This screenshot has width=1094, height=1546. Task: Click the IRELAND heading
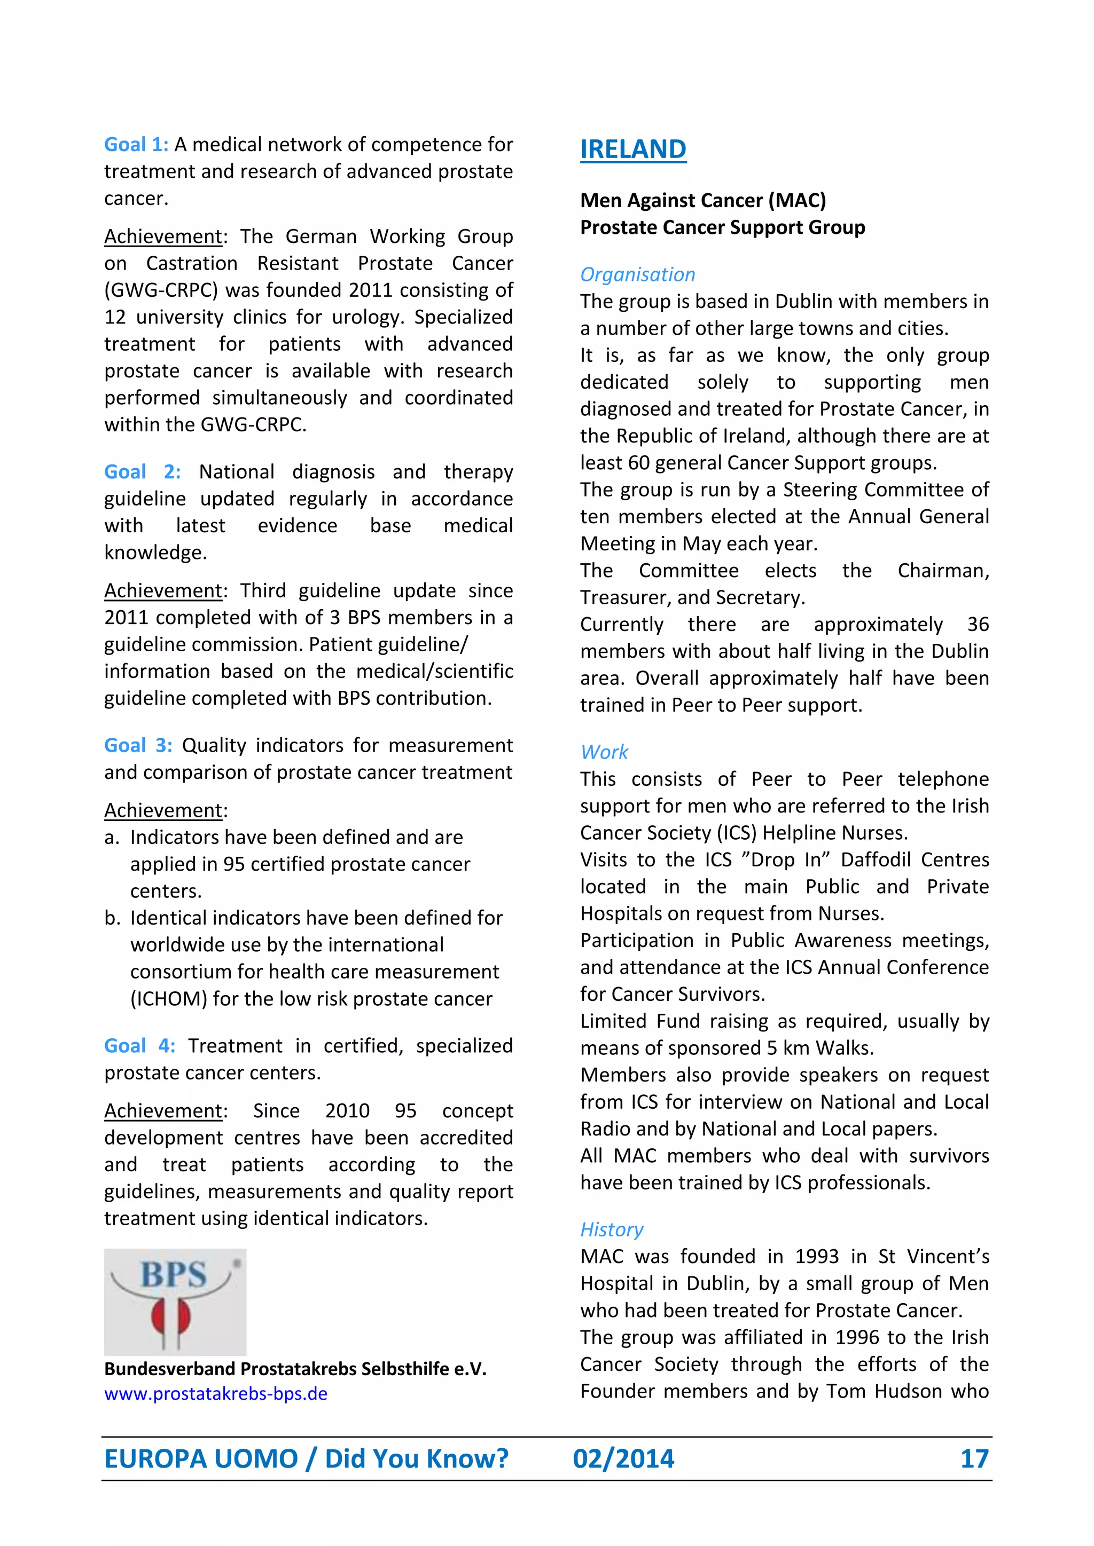[632, 149]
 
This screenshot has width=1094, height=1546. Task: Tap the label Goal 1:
[136, 145]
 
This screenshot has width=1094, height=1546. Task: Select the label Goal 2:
[142, 471]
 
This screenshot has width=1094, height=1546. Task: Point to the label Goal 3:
[138, 745]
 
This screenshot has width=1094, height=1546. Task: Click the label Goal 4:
[139, 1046]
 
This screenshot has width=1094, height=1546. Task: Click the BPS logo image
[175, 1302]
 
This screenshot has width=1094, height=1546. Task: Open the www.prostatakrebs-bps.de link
[216, 1393]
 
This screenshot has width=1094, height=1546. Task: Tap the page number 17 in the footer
[974, 1459]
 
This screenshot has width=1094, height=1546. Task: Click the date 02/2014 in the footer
[623, 1459]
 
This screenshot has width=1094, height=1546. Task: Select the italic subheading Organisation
[637, 275]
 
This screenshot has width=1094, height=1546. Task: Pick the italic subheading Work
[604, 752]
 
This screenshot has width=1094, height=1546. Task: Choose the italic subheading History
[612, 1229]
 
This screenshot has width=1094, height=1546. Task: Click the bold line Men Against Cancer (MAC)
[702, 201]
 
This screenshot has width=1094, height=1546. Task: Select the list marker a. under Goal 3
[112, 838]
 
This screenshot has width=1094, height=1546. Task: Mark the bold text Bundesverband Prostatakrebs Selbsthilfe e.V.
[295, 1369]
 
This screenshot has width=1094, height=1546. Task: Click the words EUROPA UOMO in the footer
[201, 1459]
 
